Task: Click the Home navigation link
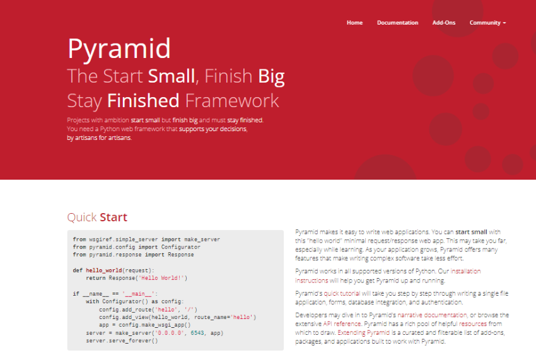click(x=354, y=23)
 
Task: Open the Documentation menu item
click(x=397, y=23)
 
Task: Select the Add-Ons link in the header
click(x=444, y=23)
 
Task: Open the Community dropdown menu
click(x=487, y=23)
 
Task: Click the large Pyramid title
click(x=119, y=49)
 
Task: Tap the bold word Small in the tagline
click(x=172, y=76)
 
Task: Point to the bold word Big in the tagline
click(x=271, y=76)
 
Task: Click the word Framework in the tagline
click(x=232, y=100)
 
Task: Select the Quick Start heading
click(x=97, y=217)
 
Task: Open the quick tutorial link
click(x=342, y=293)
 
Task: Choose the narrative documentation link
click(x=432, y=315)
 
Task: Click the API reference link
click(x=342, y=324)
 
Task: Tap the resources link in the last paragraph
click(x=473, y=324)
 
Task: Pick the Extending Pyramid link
click(x=363, y=333)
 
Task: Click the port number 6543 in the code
click(x=197, y=333)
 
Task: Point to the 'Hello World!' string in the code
click(x=161, y=278)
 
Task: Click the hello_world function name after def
click(x=104, y=270)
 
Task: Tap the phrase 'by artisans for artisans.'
click(x=99, y=138)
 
